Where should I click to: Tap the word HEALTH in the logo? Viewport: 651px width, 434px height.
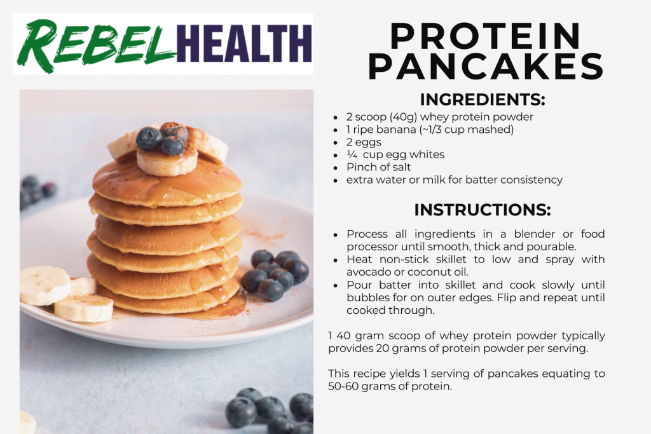click(x=244, y=43)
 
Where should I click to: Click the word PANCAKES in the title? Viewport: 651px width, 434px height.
click(x=486, y=65)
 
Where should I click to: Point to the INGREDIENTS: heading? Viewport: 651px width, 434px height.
click(x=483, y=100)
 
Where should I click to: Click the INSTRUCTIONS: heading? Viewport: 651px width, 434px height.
click(x=483, y=210)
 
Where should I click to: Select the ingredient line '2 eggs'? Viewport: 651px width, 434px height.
click(x=364, y=142)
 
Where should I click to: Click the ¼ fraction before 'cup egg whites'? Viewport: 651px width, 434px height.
click(x=352, y=155)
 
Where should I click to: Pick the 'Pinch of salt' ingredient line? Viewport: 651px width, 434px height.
click(x=379, y=167)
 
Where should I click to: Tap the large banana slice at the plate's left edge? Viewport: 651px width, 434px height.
click(x=45, y=285)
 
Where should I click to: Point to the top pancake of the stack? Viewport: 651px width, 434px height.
click(x=167, y=182)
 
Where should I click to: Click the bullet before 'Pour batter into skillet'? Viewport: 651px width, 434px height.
click(x=336, y=286)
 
